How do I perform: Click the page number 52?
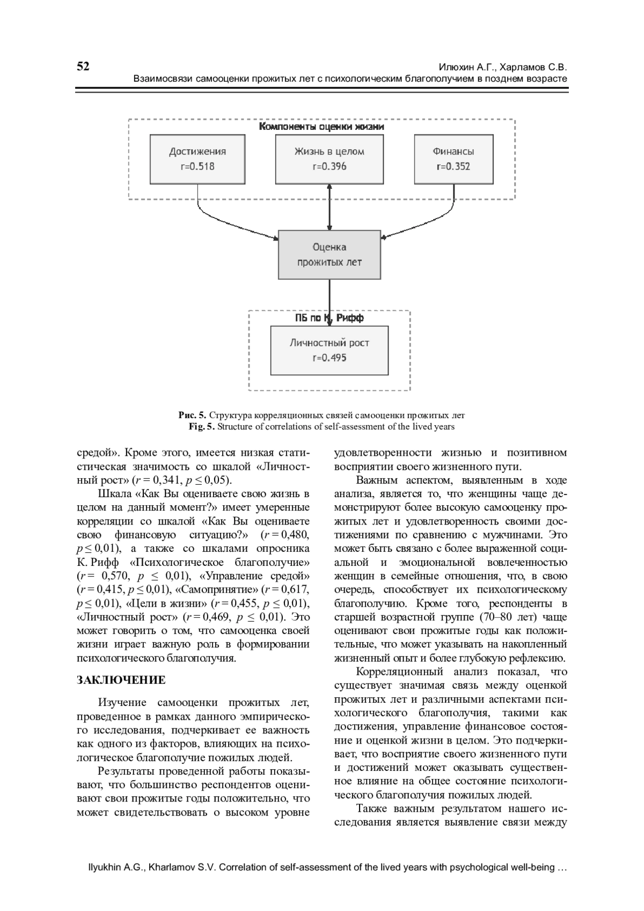(83, 66)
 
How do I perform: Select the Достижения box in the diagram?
(197, 158)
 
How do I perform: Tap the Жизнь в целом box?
(329, 158)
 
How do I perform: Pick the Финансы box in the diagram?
(453, 158)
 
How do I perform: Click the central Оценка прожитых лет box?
(329, 254)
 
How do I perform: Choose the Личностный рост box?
(329, 350)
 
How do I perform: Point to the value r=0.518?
(197, 166)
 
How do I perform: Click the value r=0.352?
(453, 166)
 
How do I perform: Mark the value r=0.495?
(329, 358)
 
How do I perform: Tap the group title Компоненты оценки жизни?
(321, 127)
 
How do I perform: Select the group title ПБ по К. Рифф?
(329, 318)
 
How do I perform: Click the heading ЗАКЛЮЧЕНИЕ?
(121, 680)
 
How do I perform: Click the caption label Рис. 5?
(192, 415)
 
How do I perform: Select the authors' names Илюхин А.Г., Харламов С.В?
(503, 68)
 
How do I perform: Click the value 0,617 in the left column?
(296, 589)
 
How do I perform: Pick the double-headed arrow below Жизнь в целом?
(329, 207)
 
